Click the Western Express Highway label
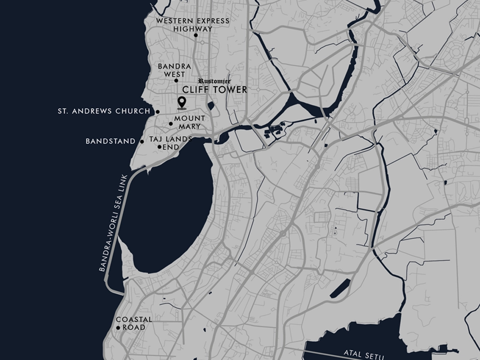pos(193,24)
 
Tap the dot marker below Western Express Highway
pos(196,35)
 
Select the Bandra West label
pos(174,70)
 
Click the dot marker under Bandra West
pos(176,81)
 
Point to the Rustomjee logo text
pos(214,81)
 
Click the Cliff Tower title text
pos(214,90)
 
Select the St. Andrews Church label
pos(104,112)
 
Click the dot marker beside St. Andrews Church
pos(157,112)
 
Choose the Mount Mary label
pos(189,122)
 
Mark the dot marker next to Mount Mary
pos(171,124)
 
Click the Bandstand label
pos(111,141)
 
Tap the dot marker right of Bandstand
pos(142,141)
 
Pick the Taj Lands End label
pos(171,142)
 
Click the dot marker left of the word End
pos(159,147)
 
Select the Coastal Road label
pos(134,323)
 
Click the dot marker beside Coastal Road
pos(118,328)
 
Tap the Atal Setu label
pos(363,353)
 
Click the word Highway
pos(193,29)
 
